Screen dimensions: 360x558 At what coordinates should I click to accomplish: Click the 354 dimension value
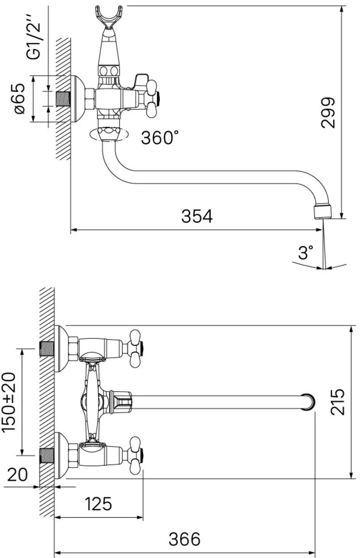(x=197, y=216)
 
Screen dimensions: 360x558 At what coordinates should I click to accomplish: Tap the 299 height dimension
(x=328, y=113)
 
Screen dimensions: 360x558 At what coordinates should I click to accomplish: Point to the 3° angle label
(x=305, y=252)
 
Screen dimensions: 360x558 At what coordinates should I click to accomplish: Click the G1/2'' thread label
(x=34, y=37)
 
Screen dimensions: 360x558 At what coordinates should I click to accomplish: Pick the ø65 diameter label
(x=20, y=98)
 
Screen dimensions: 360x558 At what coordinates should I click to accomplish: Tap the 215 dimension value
(x=337, y=402)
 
